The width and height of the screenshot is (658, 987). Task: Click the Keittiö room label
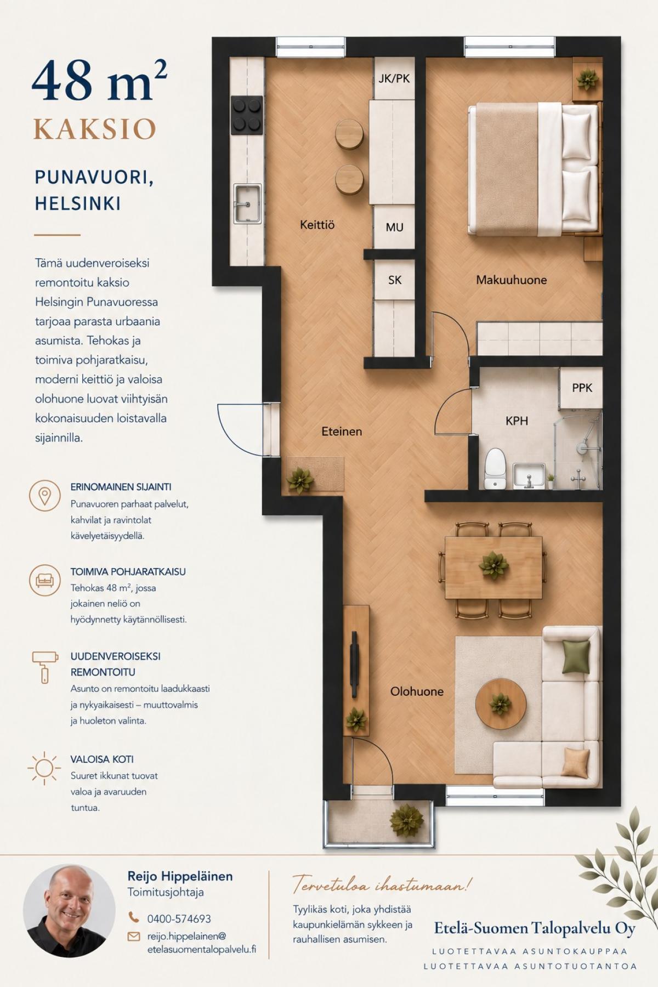pyautogui.click(x=317, y=225)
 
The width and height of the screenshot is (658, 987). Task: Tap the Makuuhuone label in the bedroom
pyautogui.click(x=511, y=280)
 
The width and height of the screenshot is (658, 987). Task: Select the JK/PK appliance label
pyautogui.click(x=394, y=78)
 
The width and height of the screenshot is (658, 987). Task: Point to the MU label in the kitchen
pyautogui.click(x=394, y=228)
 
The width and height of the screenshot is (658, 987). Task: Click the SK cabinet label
pyautogui.click(x=395, y=280)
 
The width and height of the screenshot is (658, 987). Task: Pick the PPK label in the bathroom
pyautogui.click(x=582, y=388)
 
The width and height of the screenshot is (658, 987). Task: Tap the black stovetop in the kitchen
pyautogui.click(x=246, y=115)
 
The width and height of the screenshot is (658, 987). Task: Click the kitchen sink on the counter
pyautogui.click(x=248, y=203)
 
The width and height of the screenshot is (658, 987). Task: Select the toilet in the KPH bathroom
pyautogui.click(x=495, y=468)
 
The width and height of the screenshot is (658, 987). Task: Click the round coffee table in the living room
pyautogui.click(x=500, y=704)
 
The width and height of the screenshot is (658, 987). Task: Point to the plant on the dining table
pyautogui.click(x=493, y=565)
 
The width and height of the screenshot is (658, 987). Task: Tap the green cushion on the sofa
pyautogui.click(x=576, y=656)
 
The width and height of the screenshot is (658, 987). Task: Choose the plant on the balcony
pyautogui.click(x=407, y=820)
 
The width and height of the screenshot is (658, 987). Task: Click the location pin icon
pyautogui.click(x=44, y=496)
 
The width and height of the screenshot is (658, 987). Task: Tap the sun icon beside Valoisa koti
pyautogui.click(x=44, y=768)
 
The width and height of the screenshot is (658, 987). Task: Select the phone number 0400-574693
pyautogui.click(x=179, y=918)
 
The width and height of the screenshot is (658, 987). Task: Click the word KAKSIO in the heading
pyautogui.click(x=95, y=129)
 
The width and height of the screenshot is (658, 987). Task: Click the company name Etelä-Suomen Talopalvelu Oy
pyautogui.click(x=535, y=928)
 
